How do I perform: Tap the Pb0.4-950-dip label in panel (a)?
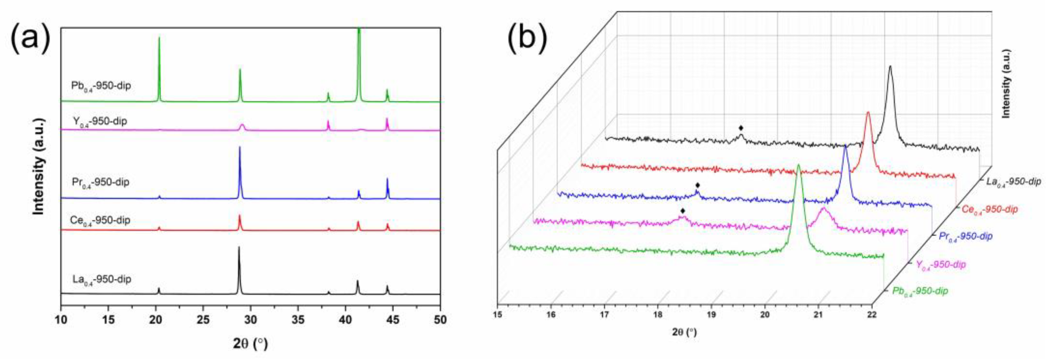coord(101,86)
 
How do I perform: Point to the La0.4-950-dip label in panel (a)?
coord(101,280)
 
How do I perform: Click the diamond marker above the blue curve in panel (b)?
coord(698,185)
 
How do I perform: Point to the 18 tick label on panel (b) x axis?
coord(658,314)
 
